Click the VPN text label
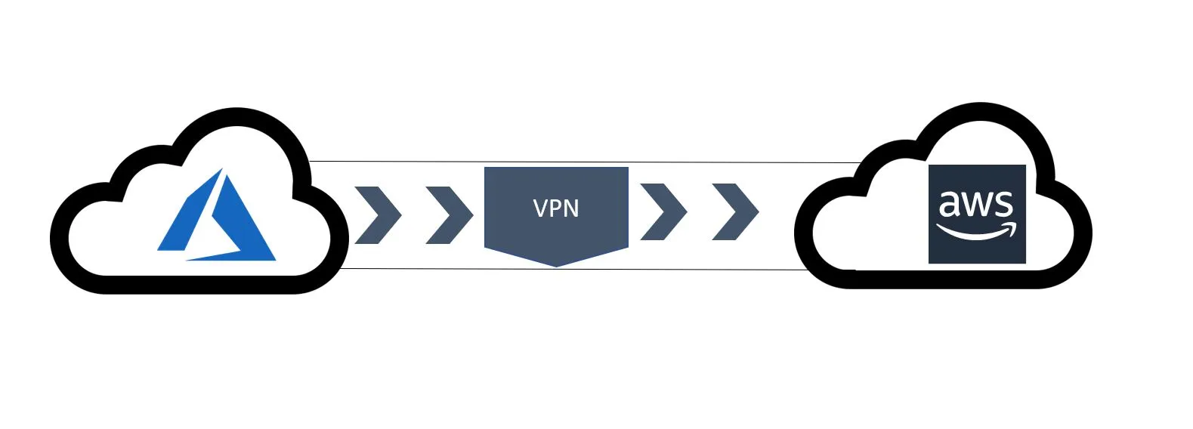556,208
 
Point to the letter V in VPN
540,208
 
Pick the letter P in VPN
556,208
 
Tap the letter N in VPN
572,208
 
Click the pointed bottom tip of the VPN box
556,265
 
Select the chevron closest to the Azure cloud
379,215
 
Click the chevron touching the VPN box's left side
450,215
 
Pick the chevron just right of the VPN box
664,212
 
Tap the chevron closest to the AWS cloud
736,212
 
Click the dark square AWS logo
977,214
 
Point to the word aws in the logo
975,203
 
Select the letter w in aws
977,204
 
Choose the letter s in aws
1003,204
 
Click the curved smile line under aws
972,233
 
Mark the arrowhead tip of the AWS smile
1012,225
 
